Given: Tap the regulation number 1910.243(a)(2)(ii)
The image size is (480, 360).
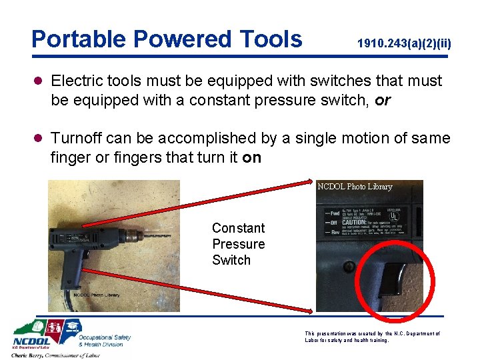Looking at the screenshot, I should point(404,44).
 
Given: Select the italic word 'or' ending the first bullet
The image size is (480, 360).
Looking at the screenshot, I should point(383,101).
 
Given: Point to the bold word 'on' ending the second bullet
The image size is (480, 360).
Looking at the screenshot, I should point(252,158).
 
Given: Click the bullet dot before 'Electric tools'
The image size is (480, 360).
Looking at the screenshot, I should point(38,81).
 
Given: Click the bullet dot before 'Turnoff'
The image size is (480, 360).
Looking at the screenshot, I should point(38,139).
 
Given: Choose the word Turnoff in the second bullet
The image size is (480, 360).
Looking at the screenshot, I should point(78,138).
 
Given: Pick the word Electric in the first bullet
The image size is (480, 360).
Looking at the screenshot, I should point(77,81).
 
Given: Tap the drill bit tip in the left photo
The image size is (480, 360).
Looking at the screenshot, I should point(169,235).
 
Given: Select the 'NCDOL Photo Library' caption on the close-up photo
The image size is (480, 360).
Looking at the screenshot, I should point(355,187).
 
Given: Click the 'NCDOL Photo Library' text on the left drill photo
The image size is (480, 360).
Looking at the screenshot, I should point(96,295).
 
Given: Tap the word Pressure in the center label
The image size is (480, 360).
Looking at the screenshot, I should point(238,244).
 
